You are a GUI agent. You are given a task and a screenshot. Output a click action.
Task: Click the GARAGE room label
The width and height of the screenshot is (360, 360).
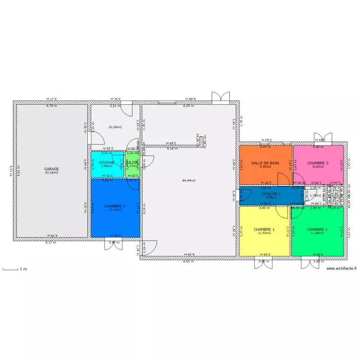tap(51, 169)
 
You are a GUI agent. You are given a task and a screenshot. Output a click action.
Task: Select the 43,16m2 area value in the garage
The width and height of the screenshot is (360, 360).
tap(51, 173)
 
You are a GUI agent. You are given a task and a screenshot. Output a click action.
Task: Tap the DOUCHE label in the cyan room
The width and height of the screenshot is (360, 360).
tap(107, 163)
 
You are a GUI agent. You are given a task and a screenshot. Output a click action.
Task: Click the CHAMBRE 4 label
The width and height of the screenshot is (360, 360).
tap(115, 205)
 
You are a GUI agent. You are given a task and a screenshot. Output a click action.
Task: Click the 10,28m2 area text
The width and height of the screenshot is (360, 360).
tap(115, 127)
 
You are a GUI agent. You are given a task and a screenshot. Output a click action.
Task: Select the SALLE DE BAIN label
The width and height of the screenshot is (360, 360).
tap(265, 163)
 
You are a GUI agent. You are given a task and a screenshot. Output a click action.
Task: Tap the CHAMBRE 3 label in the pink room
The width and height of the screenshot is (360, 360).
tap(318, 163)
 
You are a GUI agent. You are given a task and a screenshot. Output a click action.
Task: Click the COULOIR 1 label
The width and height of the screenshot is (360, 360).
tap(271, 193)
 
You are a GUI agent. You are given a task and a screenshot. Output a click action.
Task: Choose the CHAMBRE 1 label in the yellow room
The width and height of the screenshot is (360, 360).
tap(264, 229)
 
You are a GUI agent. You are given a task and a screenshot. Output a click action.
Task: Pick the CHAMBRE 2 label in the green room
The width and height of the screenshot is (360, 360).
tap(317, 229)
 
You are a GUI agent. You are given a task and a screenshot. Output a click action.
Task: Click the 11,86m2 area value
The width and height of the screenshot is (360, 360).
tap(317, 233)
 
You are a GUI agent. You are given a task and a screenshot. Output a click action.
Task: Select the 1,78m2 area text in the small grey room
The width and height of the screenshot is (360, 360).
tap(315, 195)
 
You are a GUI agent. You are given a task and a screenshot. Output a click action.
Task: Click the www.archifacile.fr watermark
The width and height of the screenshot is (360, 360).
tap(341, 269)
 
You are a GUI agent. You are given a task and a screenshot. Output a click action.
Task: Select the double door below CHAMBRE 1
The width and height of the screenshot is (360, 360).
tap(264, 263)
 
